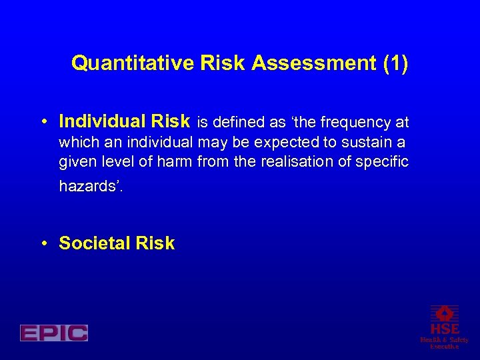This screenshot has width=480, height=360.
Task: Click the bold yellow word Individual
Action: [x=100, y=121]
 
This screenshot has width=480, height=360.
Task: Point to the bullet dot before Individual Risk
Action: [x=43, y=122]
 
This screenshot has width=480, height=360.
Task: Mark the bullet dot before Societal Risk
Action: [x=43, y=244]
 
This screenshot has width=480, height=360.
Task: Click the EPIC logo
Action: [x=54, y=333]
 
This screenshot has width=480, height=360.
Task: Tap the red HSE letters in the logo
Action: [x=444, y=329]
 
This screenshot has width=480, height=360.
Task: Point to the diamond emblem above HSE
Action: [x=444, y=313]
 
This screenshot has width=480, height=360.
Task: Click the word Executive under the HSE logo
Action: [x=444, y=347]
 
